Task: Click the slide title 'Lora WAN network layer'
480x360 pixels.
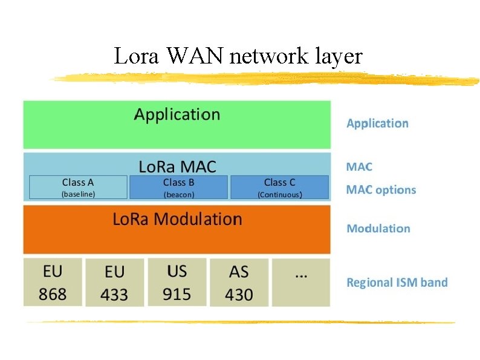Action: point(238,56)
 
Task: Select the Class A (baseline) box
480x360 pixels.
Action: point(78,188)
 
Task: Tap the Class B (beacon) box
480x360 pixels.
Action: point(179,188)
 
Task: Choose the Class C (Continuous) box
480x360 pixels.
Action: point(279,188)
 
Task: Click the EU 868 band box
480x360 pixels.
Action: point(53,282)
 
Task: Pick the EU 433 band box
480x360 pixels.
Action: point(114,283)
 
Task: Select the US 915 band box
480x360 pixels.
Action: point(177,282)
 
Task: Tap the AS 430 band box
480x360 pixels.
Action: point(239,283)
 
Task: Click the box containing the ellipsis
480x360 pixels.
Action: point(301,282)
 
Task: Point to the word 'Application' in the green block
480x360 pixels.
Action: point(177,114)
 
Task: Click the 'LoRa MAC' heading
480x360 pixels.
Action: point(177,166)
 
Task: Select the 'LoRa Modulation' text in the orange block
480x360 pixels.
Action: point(177,219)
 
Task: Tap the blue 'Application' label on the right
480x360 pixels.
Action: point(377,123)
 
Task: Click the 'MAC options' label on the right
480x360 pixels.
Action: point(381,190)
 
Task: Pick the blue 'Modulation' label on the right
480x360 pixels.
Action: point(378,229)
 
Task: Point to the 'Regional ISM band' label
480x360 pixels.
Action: point(397,283)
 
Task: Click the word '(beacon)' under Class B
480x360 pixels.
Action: point(179,195)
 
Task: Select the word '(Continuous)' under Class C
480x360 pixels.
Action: point(280,195)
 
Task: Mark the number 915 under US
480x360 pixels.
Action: point(177,294)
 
